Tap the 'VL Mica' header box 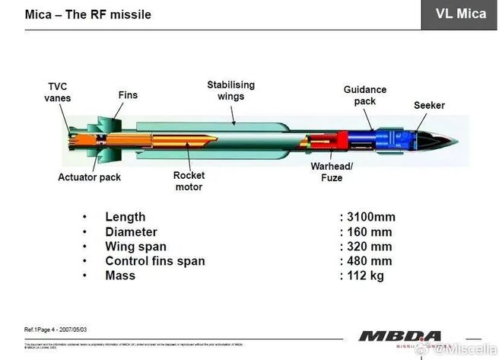click(461, 14)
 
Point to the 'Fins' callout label click(128, 96)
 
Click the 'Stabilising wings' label click(230, 91)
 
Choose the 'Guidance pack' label click(365, 95)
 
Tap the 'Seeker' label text click(429, 105)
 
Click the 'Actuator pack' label click(89, 177)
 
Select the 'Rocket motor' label click(189, 181)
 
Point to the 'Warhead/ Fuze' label click(332, 172)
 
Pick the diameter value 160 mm click(368, 232)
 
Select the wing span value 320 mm click(368, 247)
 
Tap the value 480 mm click(368, 261)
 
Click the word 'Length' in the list click(125, 217)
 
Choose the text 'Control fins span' click(154, 261)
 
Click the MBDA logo click(399, 336)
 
